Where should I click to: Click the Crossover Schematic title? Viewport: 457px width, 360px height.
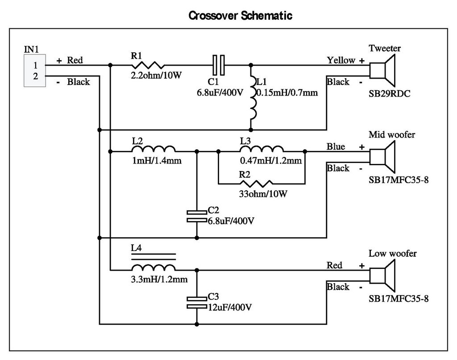(x=241, y=16)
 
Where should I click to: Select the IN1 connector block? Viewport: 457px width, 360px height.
(x=35, y=71)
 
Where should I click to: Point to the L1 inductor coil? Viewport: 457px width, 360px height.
(x=253, y=98)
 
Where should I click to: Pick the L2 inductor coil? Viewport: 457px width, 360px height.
(x=154, y=149)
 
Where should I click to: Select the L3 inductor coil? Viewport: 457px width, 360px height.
(x=262, y=149)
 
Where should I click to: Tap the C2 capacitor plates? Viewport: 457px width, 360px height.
(x=197, y=216)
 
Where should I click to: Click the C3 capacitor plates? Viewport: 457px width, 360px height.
(x=197, y=302)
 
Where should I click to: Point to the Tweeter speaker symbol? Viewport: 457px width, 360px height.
(x=382, y=71)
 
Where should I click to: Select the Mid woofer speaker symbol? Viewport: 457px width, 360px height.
(x=382, y=157)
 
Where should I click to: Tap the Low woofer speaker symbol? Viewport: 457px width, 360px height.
(x=382, y=276)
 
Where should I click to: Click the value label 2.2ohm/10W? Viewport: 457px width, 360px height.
(x=156, y=75)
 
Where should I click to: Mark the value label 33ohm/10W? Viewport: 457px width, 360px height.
(x=263, y=194)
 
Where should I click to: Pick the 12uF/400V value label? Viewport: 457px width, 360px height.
(x=230, y=307)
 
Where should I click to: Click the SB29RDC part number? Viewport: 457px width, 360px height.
(x=389, y=94)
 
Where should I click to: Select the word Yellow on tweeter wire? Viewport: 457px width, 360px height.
(x=341, y=60)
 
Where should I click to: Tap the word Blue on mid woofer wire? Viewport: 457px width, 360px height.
(x=336, y=147)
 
